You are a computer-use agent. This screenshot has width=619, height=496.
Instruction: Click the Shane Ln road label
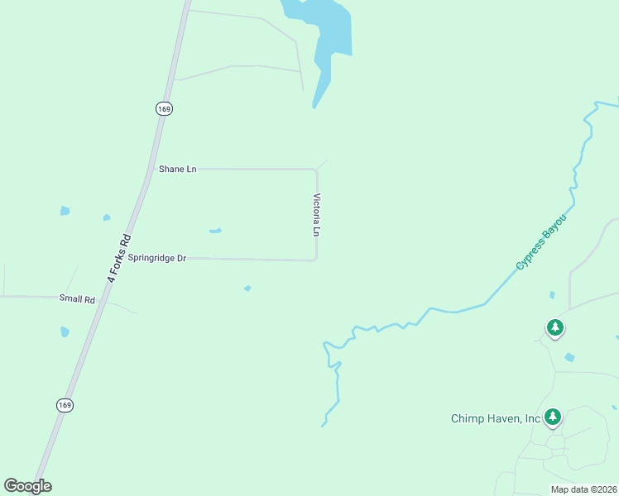tap(177, 169)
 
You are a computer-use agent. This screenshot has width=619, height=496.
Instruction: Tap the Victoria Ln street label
tap(316, 215)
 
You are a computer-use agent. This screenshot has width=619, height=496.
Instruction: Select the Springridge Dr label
tap(156, 259)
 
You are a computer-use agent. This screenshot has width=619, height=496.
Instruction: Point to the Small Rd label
tap(77, 298)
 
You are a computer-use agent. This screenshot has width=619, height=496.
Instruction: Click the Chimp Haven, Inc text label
tap(495, 418)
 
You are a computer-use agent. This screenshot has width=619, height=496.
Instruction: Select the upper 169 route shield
tap(164, 108)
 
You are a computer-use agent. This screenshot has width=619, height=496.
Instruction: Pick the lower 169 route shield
tap(65, 404)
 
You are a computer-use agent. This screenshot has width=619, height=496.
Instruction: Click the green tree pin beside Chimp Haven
tap(553, 417)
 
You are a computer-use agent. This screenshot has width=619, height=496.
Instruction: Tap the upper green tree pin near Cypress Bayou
tap(555, 328)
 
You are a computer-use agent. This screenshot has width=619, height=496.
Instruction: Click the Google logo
tap(27, 486)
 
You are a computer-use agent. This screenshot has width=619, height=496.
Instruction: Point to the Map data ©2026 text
tap(583, 489)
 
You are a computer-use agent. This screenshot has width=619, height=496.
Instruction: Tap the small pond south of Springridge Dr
tap(247, 288)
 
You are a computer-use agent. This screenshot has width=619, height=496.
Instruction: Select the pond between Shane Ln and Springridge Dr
tap(215, 231)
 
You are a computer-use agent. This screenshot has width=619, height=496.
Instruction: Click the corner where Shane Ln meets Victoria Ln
tap(315, 169)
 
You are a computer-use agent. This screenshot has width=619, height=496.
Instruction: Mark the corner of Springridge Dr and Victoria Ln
tap(315, 260)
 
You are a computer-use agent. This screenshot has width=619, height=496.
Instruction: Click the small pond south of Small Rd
tap(65, 331)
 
